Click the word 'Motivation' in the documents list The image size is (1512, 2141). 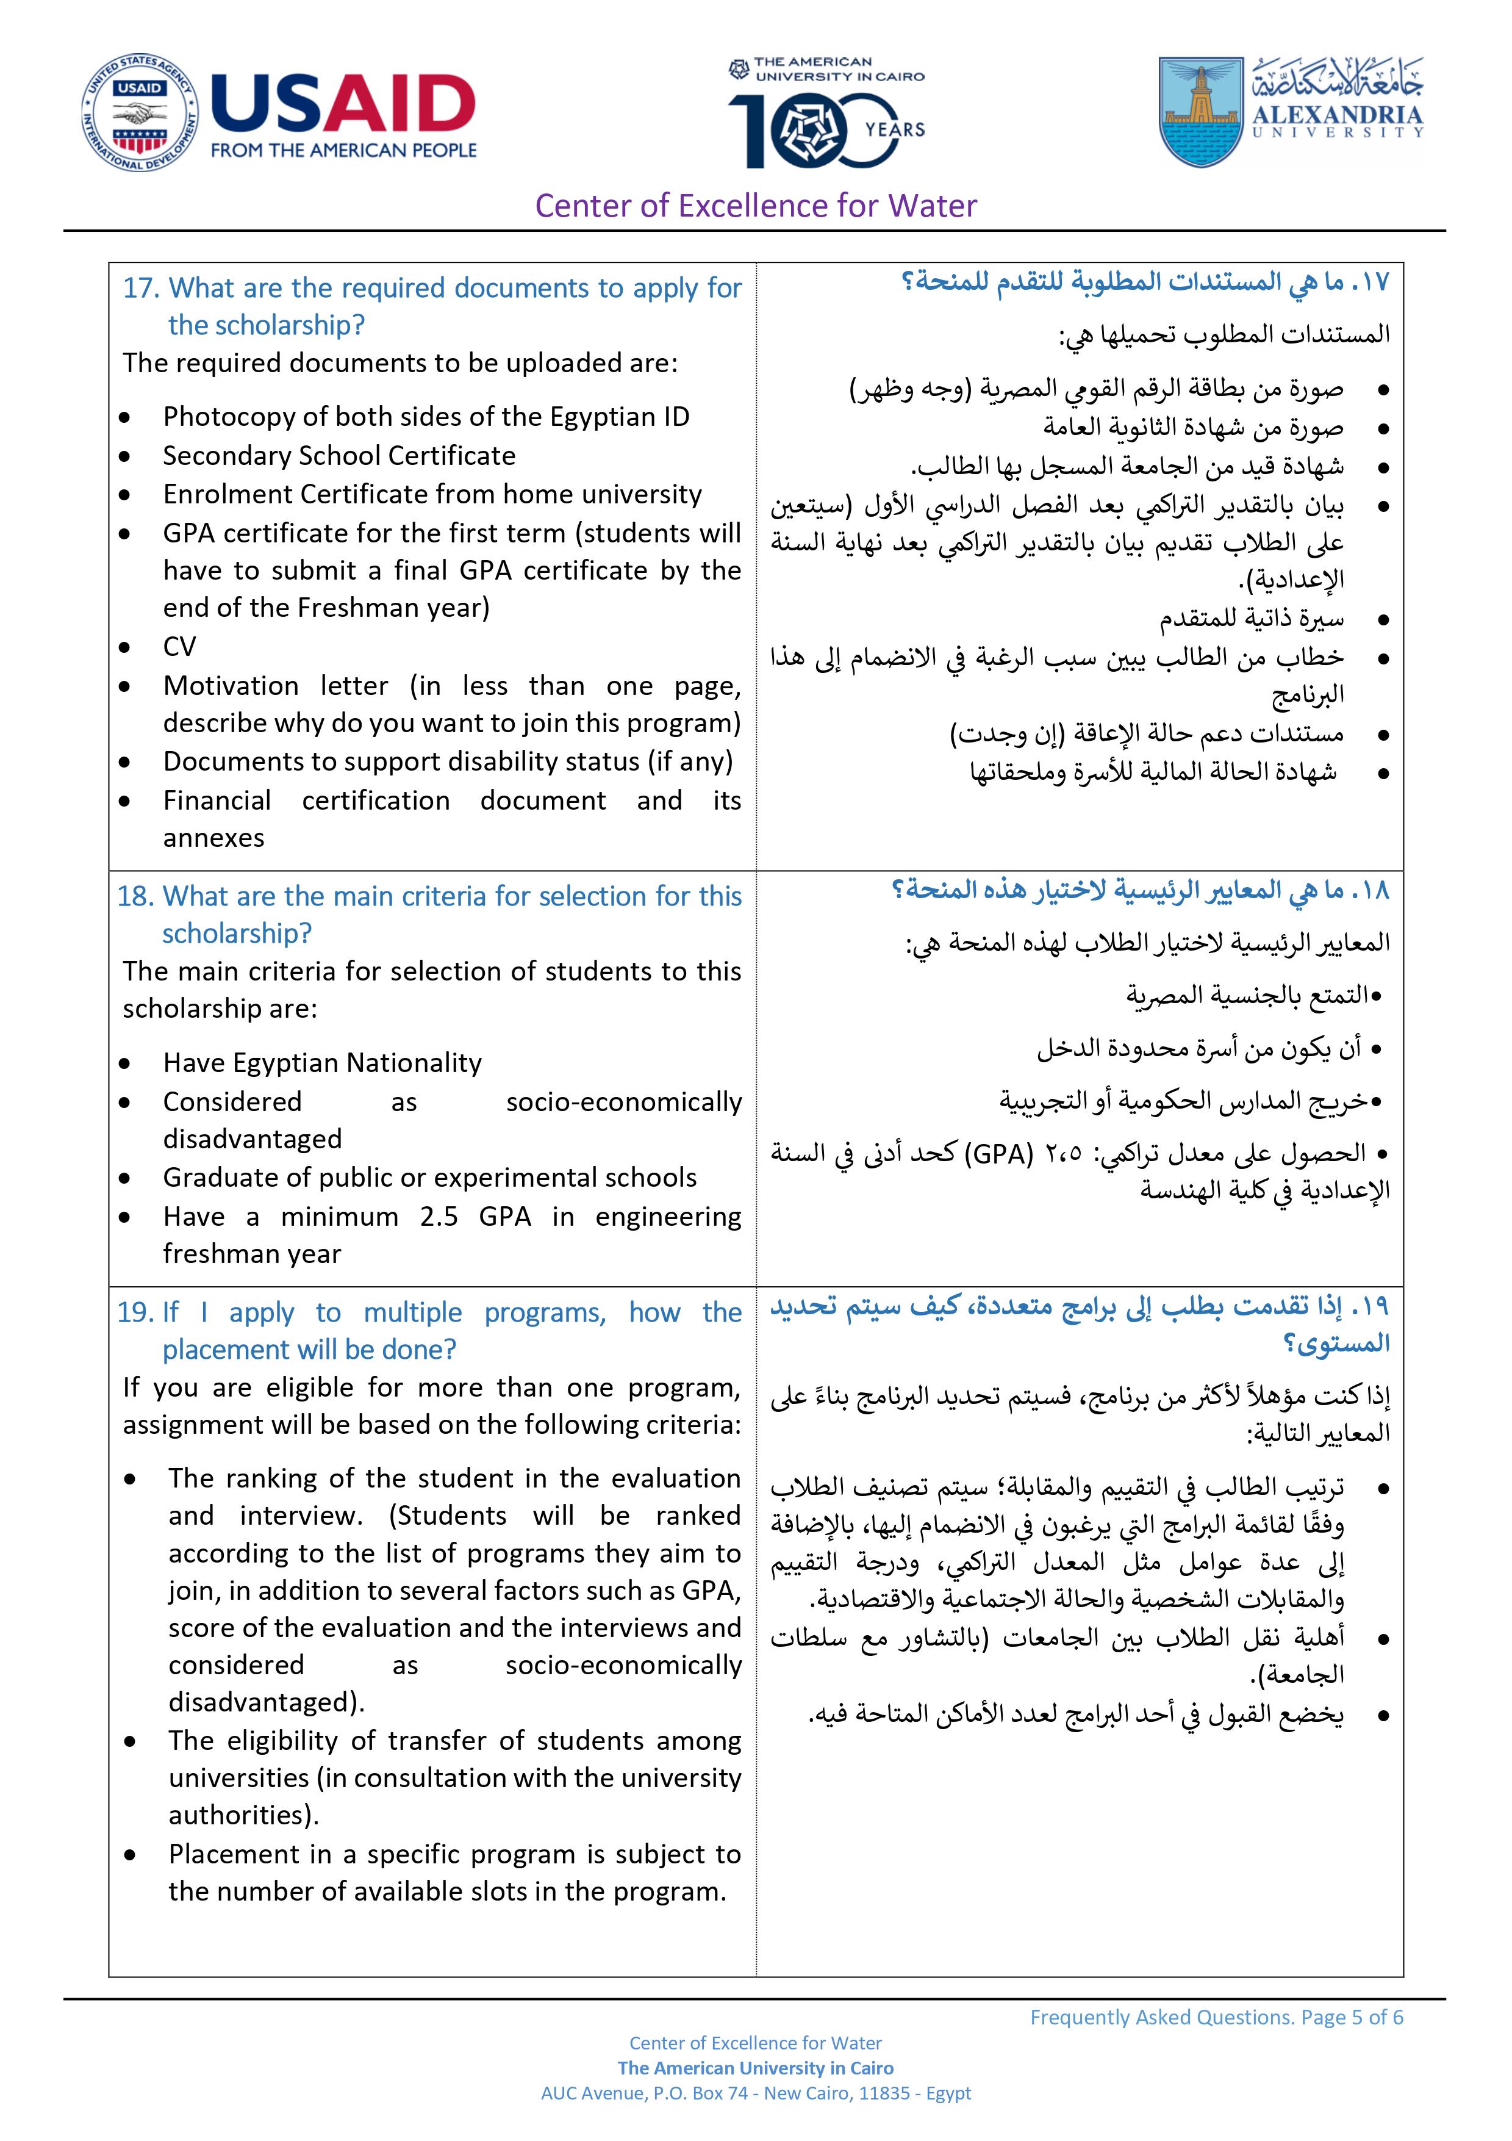(231, 685)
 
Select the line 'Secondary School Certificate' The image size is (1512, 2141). (339, 455)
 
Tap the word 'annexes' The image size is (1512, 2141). (213, 837)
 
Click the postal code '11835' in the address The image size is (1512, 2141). (884, 2093)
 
